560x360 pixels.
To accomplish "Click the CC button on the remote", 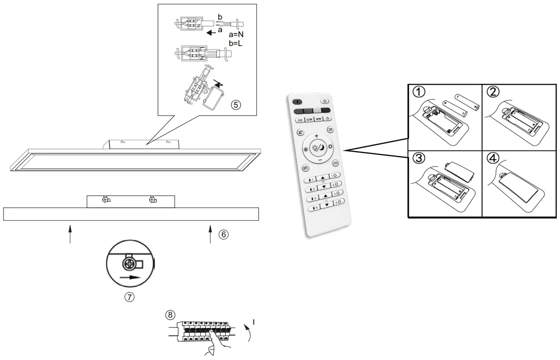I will [x=300, y=120].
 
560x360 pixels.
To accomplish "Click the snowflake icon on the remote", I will [x=306, y=149].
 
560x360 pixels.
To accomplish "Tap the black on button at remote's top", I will [x=298, y=102].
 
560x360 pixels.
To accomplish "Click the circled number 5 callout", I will [x=236, y=105].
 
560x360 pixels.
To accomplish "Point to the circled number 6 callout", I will [x=223, y=234].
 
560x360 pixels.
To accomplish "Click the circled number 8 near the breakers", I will [x=169, y=314].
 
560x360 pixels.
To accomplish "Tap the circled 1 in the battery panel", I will [x=418, y=92].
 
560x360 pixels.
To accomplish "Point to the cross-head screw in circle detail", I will [x=130, y=264].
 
